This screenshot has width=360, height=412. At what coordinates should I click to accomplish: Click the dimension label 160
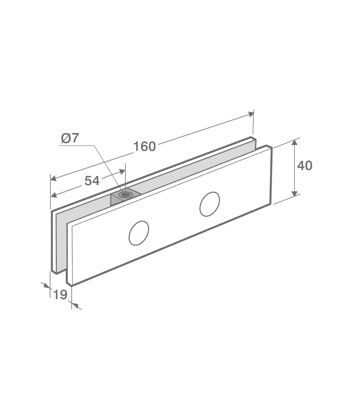pos(145,147)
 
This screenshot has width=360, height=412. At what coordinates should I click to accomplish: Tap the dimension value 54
pos(92,181)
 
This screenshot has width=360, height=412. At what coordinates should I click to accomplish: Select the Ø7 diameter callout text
pos(70,138)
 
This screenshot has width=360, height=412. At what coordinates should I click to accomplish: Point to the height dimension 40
pos(305,166)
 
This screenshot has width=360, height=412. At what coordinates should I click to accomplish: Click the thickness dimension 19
pos(60,295)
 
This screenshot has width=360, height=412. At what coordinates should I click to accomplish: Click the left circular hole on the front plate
pos(139,233)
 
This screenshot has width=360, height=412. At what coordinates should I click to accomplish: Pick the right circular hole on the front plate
pos(210,204)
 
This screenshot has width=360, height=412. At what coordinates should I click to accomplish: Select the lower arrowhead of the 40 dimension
pos(294,193)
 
